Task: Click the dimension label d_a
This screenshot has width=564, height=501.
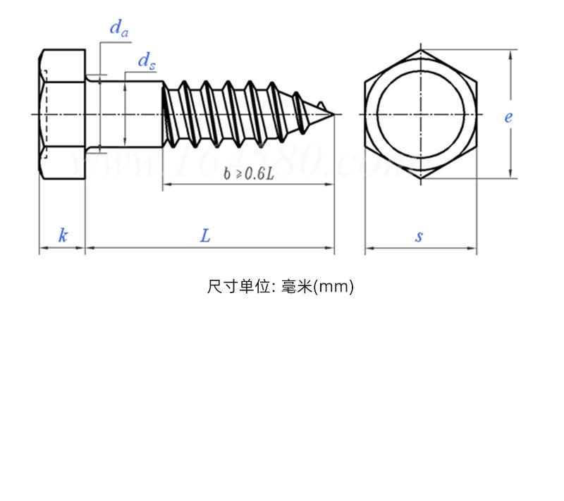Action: (x=118, y=29)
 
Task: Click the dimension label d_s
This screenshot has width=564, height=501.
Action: (x=146, y=62)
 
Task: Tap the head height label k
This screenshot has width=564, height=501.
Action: (x=63, y=235)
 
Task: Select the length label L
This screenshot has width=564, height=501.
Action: (x=205, y=235)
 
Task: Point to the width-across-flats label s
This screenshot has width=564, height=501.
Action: (x=419, y=236)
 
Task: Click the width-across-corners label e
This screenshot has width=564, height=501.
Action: (x=508, y=117)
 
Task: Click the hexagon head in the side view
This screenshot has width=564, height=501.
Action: (x=62, y=113)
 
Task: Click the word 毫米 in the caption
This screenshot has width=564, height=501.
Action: (x=296, y=287)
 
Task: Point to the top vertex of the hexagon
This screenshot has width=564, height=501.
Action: (x=421, y=49)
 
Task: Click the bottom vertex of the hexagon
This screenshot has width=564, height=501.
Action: (x=421, y=178)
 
